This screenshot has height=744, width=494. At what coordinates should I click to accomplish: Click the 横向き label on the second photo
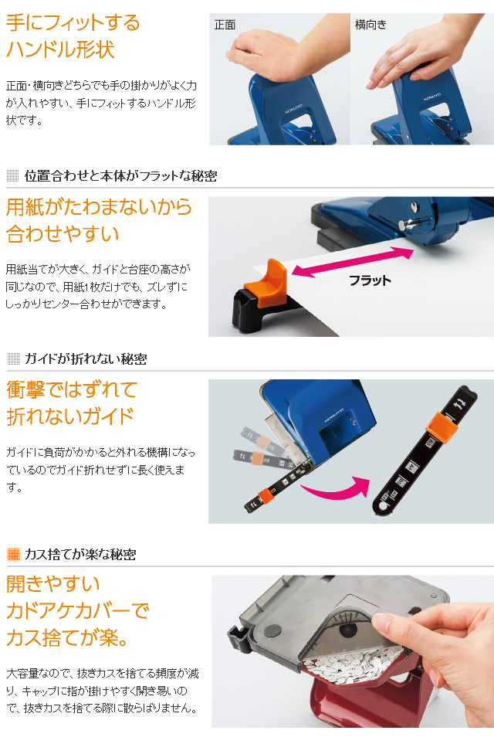click(370, 25)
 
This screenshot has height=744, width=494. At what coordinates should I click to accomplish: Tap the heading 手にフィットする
click(73, 22)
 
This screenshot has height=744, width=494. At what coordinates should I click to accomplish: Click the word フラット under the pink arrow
click(370, 280)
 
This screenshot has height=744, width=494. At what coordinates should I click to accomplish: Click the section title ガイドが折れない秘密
click(86, 358)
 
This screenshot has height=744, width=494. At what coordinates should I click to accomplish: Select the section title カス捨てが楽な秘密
click(80, 554)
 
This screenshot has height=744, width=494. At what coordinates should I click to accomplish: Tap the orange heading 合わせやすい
click(63, 234)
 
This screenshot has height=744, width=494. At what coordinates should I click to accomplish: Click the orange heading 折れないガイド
click(70, 416)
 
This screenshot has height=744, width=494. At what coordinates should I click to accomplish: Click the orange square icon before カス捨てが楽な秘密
click(12, 554)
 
